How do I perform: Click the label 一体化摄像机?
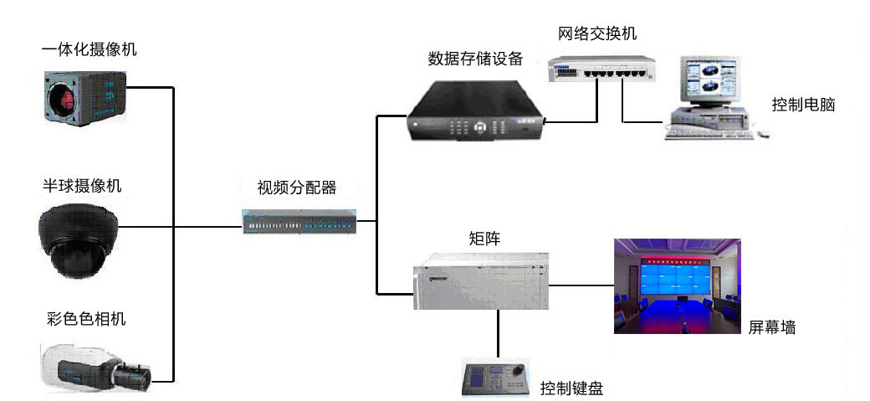point(90,49)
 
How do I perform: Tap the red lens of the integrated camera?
point(65,100)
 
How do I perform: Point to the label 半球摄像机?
point(82,186)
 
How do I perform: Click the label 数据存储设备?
point(475,59)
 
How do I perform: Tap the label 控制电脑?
point(803,105)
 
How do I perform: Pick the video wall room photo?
point(677,286)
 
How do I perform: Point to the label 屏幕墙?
point(771,328)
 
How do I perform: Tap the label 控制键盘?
point(571,388)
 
